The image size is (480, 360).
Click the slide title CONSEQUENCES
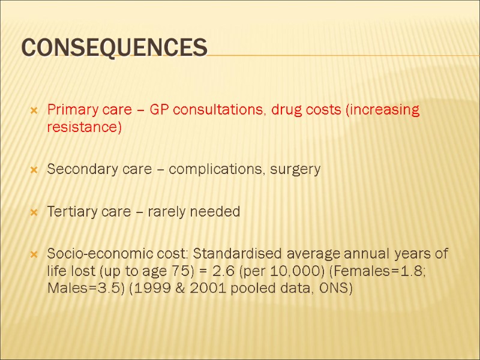115,47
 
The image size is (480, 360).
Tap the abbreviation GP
160,110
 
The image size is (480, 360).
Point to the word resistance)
84,128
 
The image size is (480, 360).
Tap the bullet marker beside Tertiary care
34,212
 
